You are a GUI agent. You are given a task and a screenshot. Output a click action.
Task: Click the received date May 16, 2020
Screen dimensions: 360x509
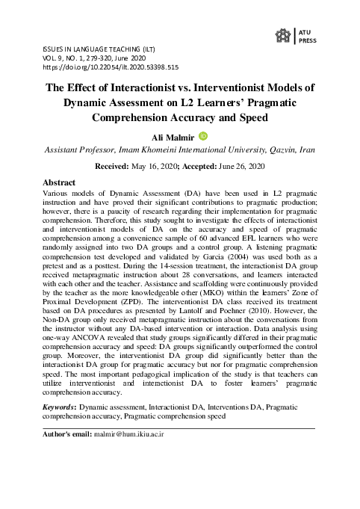(152, 167)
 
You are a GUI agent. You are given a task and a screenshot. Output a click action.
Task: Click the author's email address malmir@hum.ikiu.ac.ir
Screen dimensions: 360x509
(128, 433)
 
